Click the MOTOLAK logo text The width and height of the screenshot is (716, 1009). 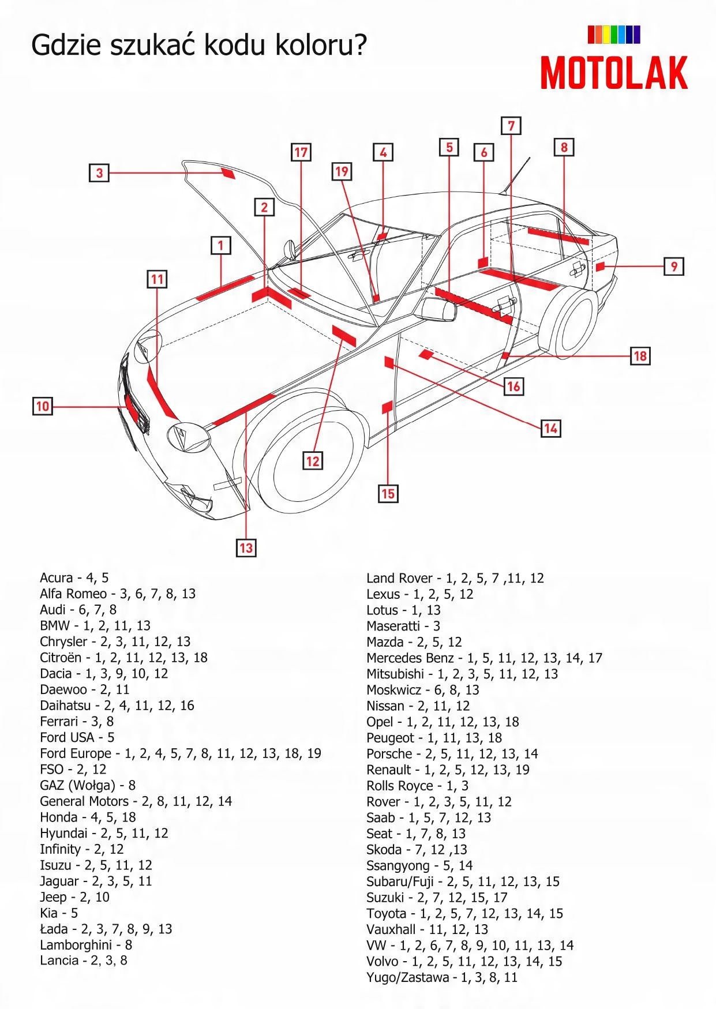[614, 73]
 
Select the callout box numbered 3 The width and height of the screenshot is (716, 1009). [99, 172]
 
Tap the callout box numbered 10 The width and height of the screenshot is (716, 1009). [43, 406]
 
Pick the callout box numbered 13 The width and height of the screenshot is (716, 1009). [246, 547]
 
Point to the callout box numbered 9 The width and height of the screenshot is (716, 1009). [674, 267]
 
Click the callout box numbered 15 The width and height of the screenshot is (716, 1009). [388, 493]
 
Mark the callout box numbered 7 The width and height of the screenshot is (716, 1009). [511, 126]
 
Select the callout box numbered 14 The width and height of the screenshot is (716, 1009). [550, 428]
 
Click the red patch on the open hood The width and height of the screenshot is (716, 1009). [228, 173]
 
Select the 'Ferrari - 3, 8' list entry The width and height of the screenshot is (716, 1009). [77, 722]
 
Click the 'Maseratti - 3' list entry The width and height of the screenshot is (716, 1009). [403, 626]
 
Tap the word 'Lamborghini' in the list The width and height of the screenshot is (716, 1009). [76, 945]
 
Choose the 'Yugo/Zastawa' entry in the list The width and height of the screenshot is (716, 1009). [407, 977]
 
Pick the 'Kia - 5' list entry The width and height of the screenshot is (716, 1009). [59, 913]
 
